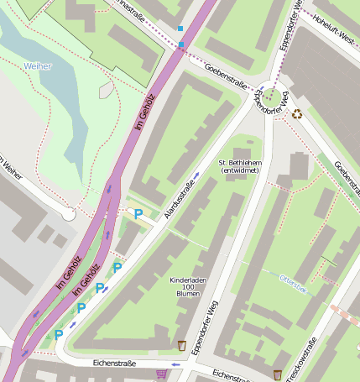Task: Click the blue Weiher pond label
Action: point(37,65)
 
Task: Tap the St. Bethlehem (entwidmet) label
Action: point(239,165)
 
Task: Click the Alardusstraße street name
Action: point(182,199)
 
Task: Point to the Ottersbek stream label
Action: point(293,286)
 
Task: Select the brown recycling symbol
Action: point(297,113)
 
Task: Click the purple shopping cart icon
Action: point(161,373)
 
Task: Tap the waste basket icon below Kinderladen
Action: point(182,345)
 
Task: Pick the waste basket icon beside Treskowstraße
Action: point(278,374)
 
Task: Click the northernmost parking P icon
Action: point(138,214)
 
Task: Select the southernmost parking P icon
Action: point(59,335)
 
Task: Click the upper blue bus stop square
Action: point(180,29)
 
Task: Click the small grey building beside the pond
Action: point(106,90)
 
